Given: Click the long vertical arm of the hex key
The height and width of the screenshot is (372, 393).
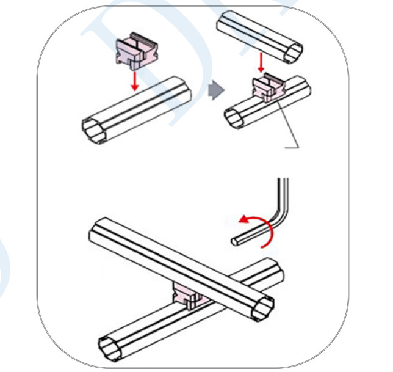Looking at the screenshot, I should [283, 195].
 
